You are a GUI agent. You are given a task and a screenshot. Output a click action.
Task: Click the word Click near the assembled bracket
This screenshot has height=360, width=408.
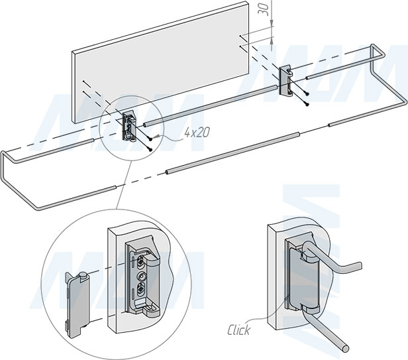(238, 330)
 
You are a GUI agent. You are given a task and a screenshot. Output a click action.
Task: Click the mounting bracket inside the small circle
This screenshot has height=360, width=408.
(130, 124)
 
